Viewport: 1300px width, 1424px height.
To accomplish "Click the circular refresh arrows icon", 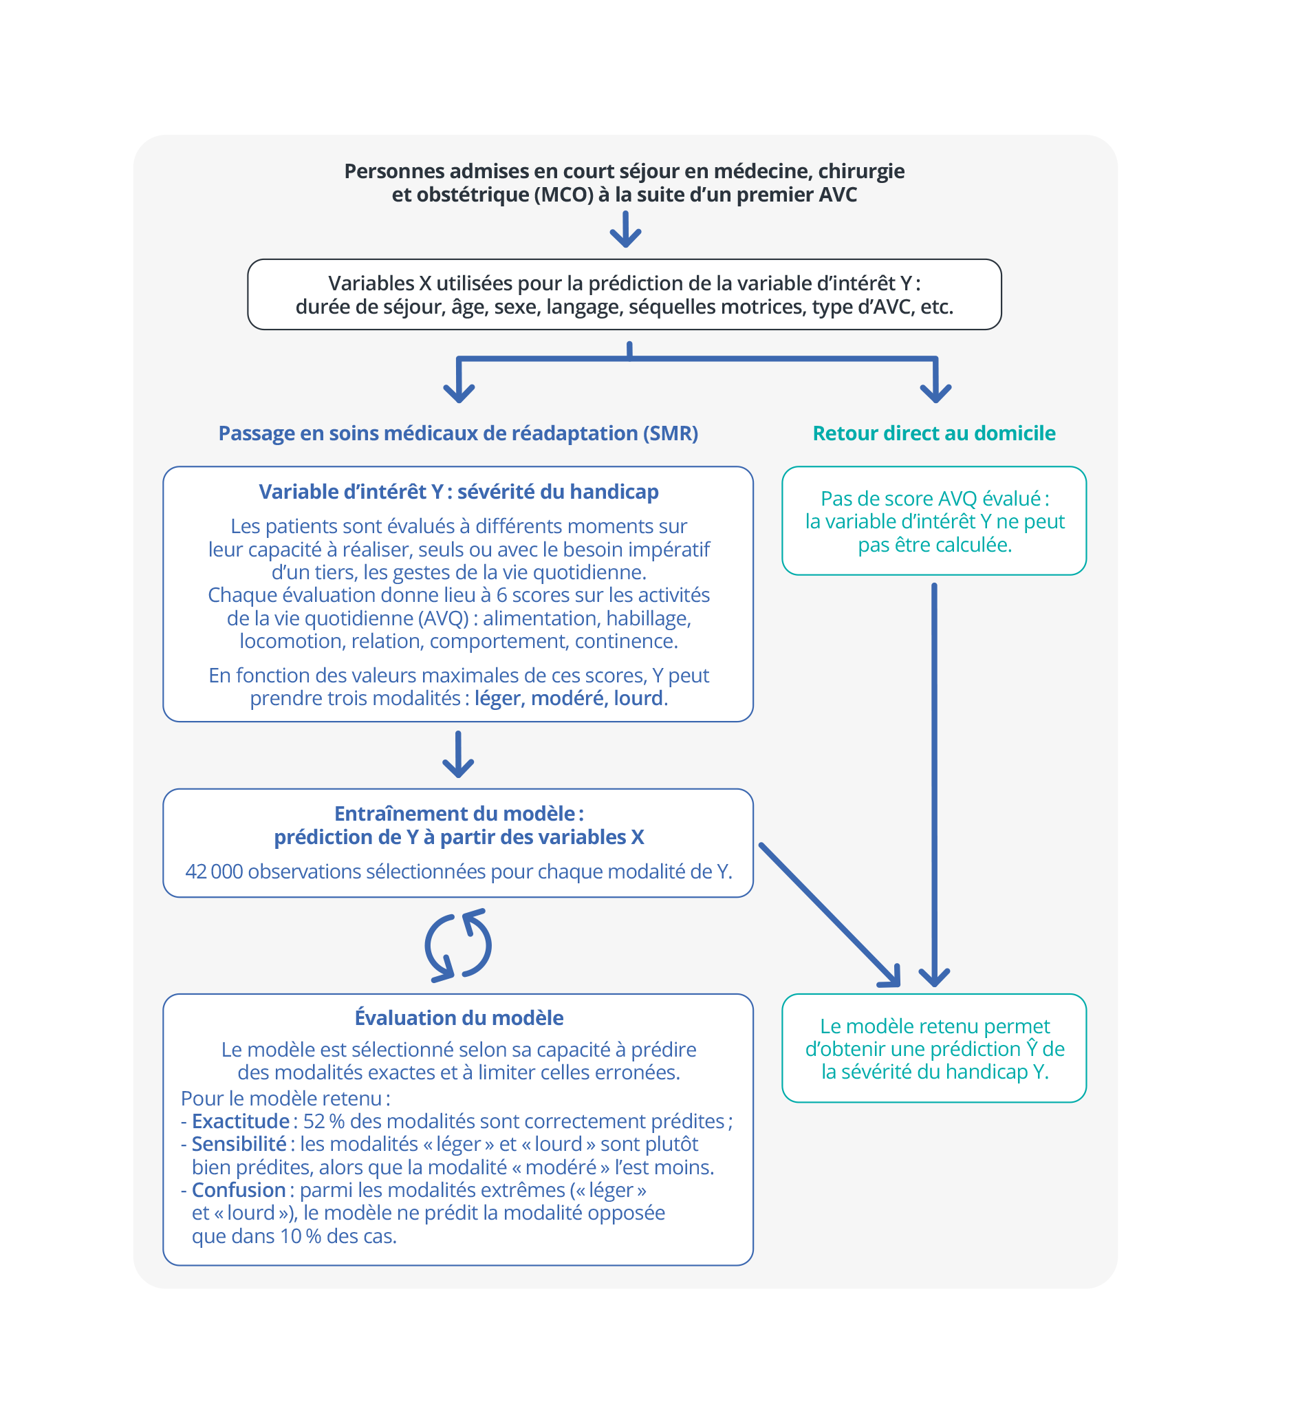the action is point(457,945).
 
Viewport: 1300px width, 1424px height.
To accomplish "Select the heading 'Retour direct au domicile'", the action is point(933,433).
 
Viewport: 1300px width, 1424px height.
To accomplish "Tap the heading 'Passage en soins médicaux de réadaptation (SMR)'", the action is point(458,433).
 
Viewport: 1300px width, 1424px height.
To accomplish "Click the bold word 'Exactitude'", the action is point(240,1121).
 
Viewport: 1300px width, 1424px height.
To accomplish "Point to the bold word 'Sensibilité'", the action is point(239,1143).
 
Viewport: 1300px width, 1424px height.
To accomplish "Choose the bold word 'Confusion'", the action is point(239,1189).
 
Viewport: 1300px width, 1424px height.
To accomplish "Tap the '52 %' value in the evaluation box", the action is point(323,1121).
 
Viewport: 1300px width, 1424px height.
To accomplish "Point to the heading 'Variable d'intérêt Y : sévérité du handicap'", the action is point(458,492).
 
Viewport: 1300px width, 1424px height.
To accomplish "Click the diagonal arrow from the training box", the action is point(830,915).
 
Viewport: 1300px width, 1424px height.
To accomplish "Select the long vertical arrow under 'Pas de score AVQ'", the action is point(934,785).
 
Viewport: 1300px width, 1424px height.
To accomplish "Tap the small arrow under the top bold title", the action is point(626,229).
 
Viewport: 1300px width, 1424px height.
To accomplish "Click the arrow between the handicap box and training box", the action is point(458,755).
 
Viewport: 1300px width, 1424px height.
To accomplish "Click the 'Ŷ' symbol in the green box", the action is point(1032,1048).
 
